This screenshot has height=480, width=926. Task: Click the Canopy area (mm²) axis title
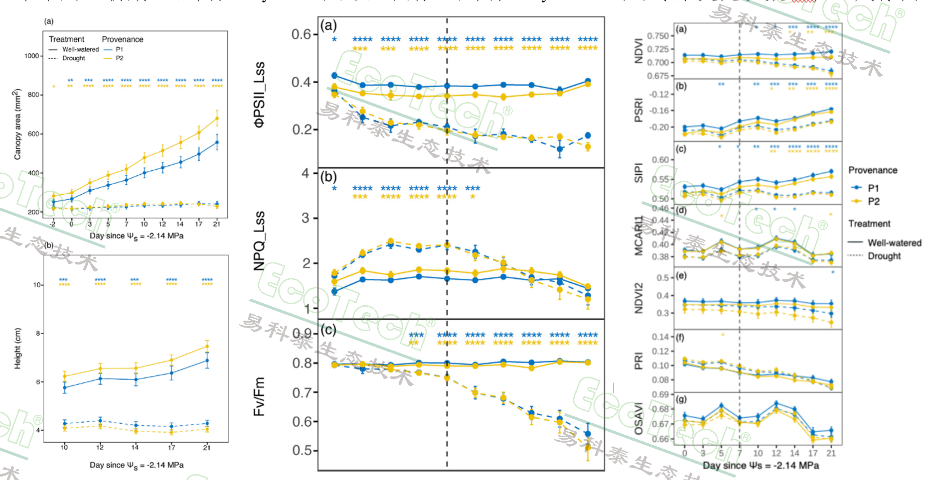coord(18,124)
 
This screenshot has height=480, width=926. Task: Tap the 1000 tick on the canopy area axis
coord(31,56)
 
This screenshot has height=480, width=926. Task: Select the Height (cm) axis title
coord(18,349)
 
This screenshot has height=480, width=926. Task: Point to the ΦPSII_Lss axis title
coord(260,95)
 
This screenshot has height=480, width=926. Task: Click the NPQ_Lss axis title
coord(260,241)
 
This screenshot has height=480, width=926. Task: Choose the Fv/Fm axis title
coord(260,396)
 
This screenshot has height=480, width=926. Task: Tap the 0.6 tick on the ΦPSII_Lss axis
coord(302,34)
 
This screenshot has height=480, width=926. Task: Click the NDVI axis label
coord(638,51)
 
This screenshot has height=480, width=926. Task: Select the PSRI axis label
coord(638,110)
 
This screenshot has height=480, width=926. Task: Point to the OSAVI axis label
coord(638,419)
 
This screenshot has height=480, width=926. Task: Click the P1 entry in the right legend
coord(873,188)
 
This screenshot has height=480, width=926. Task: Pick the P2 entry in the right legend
coord(873,202)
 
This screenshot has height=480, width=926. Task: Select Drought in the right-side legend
coord(884,256)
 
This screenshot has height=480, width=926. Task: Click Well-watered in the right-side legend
coord(894,243)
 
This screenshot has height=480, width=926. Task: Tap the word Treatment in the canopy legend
coord(66,39)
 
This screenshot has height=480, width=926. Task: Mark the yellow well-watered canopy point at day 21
coord(217,119)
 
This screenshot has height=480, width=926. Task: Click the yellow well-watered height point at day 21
coord(207,347)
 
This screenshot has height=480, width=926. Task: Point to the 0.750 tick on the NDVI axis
coord(658,36)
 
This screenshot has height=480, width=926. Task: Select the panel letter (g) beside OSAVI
coord(681,399)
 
